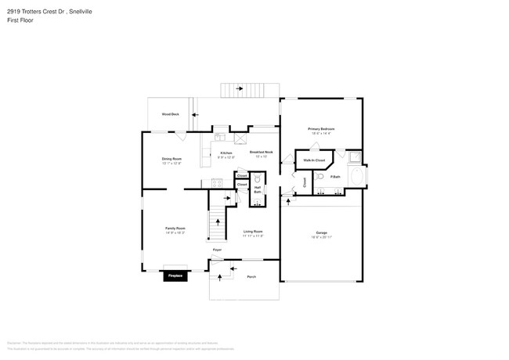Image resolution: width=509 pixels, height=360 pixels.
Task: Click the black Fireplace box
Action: pos(174,275)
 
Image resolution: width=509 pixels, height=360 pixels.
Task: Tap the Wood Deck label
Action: pos(170,114)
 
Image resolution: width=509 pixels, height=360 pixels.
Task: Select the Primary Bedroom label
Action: pos(321,128)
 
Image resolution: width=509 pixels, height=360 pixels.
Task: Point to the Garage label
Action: pos(321,233)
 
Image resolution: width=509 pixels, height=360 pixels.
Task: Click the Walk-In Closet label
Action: pos(314,160)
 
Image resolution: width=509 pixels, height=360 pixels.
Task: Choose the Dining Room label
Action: pos(171,159)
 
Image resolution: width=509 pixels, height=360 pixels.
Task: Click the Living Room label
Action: pos(253,232)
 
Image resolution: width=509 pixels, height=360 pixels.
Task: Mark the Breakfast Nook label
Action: pos(261,152)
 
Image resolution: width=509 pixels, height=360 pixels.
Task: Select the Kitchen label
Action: pos(226,153)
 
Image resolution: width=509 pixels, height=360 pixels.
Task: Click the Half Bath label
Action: pos(258,189)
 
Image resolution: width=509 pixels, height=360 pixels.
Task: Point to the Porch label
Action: pos(251,277)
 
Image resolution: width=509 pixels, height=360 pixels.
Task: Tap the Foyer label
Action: pos(218,250)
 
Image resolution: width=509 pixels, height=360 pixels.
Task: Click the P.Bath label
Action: pos(335,177)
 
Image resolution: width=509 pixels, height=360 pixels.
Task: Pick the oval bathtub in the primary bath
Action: pos(357,177)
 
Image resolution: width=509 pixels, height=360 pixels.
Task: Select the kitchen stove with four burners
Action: pos(216,183)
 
